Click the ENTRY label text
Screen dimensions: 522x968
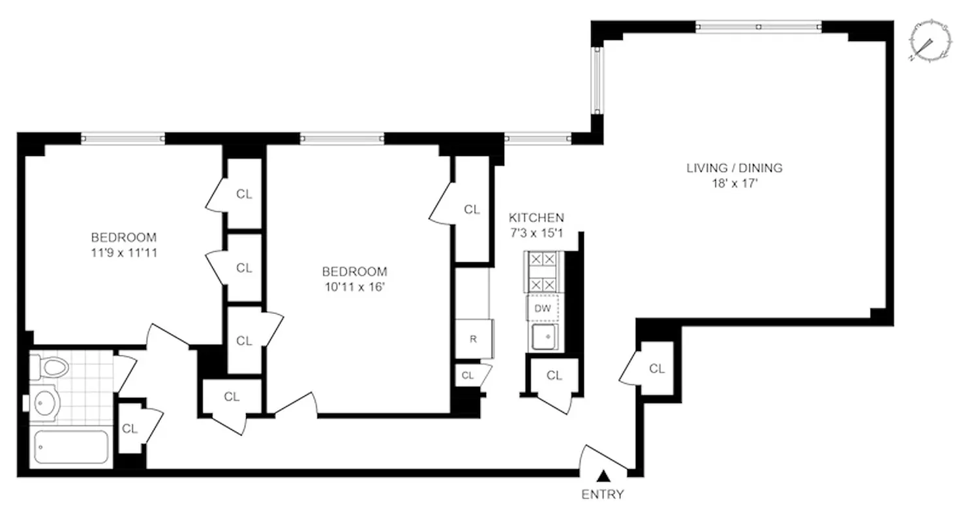coord(602,494)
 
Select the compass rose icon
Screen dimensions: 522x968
coord(927,41)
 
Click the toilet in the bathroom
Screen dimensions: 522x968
coord(51,367)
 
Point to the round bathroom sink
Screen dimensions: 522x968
coord(45,405)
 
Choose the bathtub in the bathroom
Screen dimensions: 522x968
coord(70,447)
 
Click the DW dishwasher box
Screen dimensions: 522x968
coord(543,309)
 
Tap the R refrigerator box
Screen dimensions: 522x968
coord(474,339)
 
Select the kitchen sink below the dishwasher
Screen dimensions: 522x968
coord(543,338)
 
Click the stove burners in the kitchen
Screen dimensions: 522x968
coord(543,271)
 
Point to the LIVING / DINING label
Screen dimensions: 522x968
coord(734,168)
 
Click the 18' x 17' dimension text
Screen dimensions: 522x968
coord(734,183)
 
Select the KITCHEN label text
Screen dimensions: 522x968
coord(536,218)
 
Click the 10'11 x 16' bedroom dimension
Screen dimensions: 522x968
coord(354,286)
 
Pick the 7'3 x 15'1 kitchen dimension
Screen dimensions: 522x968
coord(536,233)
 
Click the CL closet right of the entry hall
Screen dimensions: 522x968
coord(657,369)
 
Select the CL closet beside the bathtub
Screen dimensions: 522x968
coord(130,429)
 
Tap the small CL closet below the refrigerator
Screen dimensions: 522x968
coord(468,375)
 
